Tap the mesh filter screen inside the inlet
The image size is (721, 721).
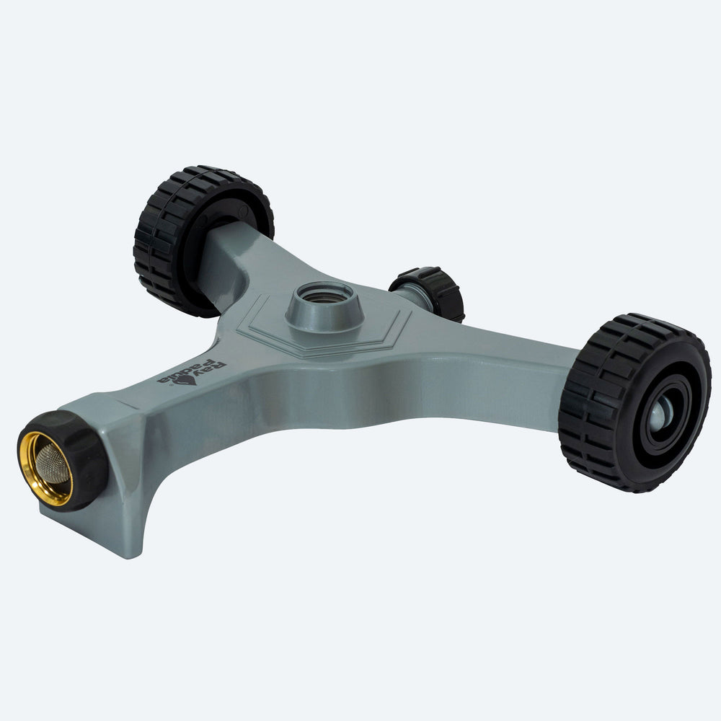(51, 464)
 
